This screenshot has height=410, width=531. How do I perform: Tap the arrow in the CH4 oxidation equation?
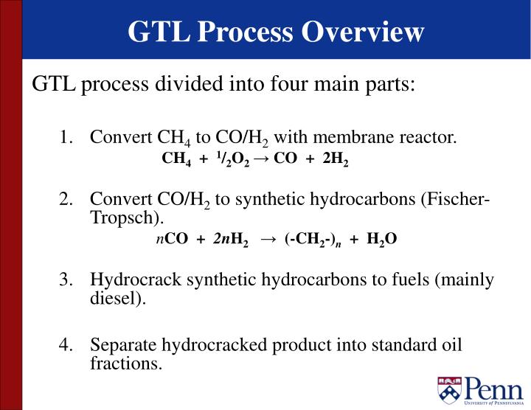pos(261,159)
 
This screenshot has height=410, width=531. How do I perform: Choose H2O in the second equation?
pos(382,240)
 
